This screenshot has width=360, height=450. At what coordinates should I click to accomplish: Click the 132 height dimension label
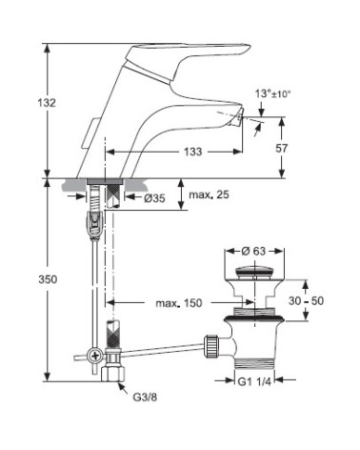pyautogui.click(x=47, y=103)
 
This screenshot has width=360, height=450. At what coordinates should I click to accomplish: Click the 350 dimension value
pyautogui.click(x=48, y=279)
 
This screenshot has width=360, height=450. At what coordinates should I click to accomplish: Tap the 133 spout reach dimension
pyautogui.click(x=193, y=152)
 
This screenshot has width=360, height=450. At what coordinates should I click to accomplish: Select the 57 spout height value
pyautogui.click(x=281, y=148)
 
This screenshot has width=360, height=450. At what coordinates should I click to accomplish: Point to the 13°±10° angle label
pyautogui.click(x=272, y=94)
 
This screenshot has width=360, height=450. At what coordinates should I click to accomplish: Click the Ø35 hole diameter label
pyautogui.click(x=154, y=198)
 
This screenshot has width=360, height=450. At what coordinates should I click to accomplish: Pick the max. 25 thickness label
pyautogui.click(x=209, y=194)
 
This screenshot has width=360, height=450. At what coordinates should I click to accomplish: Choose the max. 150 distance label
pyautogui.click(x=179, y=303)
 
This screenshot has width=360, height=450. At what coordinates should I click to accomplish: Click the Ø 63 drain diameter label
pyautogui.click(x=253, y=251)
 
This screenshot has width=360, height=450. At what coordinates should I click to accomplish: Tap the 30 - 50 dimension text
pyautogui.click(x=306, y=300)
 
